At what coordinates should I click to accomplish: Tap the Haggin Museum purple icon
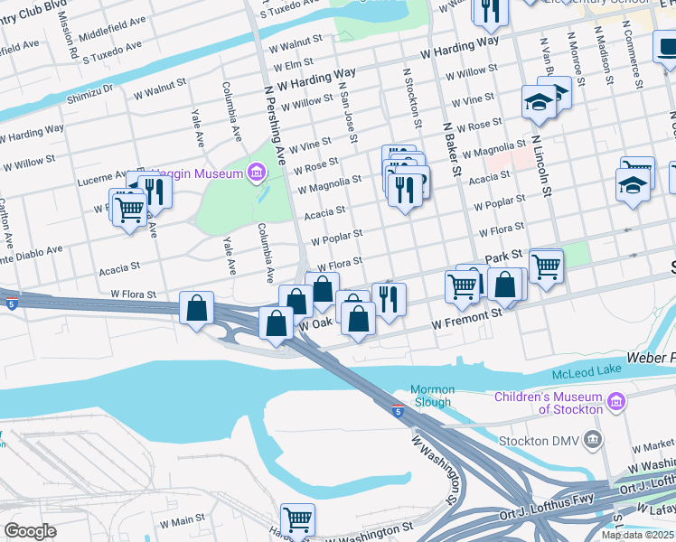tap(257, 171)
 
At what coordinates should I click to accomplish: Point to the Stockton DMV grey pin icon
tap(593, 441)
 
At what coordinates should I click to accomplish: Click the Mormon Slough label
tap(433, 397)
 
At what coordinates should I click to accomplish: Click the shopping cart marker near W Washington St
tap(297, 519)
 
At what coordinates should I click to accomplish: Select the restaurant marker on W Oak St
tap(389, 298)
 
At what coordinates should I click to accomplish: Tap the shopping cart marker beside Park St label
tap(546, 266)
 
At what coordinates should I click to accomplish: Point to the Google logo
tap(30, 531)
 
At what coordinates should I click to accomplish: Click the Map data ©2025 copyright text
tap(637, 535)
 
